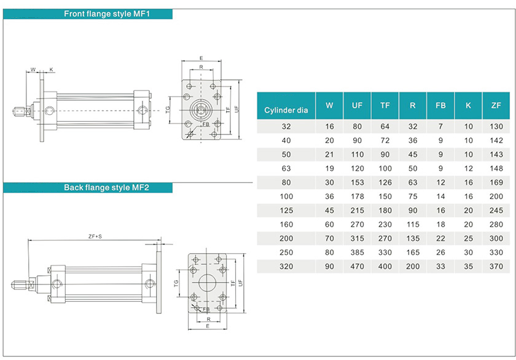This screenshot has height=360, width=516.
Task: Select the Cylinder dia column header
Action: click(286, 111)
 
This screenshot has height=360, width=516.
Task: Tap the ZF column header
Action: click(496, 106)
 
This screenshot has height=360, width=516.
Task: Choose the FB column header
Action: click(440, 106)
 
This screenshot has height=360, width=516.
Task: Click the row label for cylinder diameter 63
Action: click(286, 168)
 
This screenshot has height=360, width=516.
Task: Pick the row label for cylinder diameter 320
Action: click(286, 267)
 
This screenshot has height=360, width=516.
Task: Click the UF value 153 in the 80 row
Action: click(357, 182)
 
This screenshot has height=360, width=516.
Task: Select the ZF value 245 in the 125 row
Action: click(496, 210)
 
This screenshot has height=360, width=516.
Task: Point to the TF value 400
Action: click(385, 267)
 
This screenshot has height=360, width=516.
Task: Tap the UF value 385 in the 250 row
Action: click(357, 252)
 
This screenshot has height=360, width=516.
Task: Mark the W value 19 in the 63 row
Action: click(329, 168)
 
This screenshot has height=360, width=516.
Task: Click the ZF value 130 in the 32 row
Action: click(496, 127)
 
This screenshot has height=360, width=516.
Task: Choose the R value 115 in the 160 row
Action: click(412, 224)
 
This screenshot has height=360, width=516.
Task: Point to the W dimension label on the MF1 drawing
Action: click(33, 69)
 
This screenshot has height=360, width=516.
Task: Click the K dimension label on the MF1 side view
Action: click(51, 69)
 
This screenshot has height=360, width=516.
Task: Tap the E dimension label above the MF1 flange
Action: click(201, 58)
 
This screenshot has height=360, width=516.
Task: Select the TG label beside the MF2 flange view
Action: click(177, 283)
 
